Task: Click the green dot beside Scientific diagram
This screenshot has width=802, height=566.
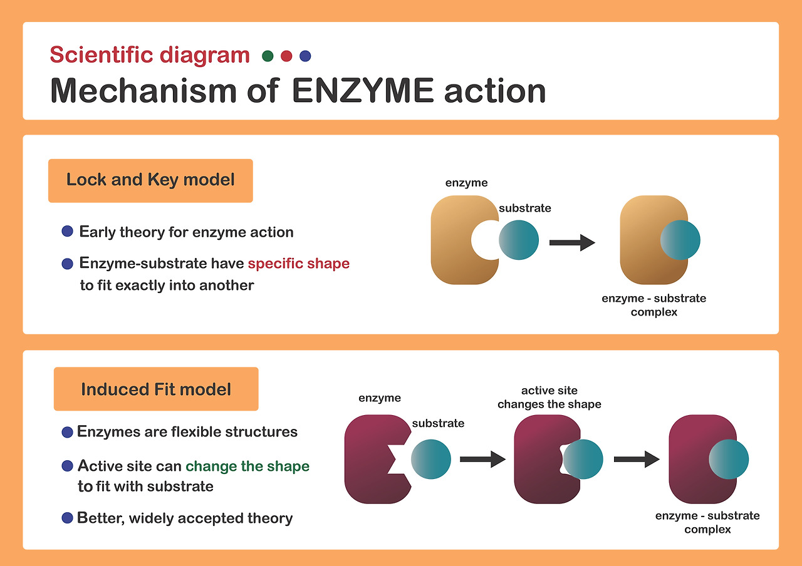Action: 268,56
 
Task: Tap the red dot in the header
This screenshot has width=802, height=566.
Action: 286,56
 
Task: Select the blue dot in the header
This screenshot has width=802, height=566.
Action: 305,56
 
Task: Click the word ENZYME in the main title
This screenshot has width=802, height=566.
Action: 363,91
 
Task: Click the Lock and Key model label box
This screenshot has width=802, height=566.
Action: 150,180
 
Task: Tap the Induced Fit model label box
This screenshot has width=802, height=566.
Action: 156,389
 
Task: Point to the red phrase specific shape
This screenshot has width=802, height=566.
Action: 299,264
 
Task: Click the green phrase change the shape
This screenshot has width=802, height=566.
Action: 247,466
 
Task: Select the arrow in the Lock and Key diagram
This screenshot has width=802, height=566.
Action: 571,242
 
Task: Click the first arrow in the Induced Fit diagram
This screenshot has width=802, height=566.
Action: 482,459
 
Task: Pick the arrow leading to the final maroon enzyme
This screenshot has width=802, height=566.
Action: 636,459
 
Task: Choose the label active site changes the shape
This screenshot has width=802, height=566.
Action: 549,398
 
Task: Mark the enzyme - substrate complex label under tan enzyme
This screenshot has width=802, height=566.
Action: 654,305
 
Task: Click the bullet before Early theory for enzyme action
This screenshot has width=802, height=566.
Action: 68,232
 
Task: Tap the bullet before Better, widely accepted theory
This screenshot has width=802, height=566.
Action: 68,518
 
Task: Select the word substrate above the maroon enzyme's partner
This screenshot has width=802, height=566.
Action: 438,423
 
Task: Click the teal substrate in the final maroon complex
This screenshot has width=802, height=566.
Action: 729,459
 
